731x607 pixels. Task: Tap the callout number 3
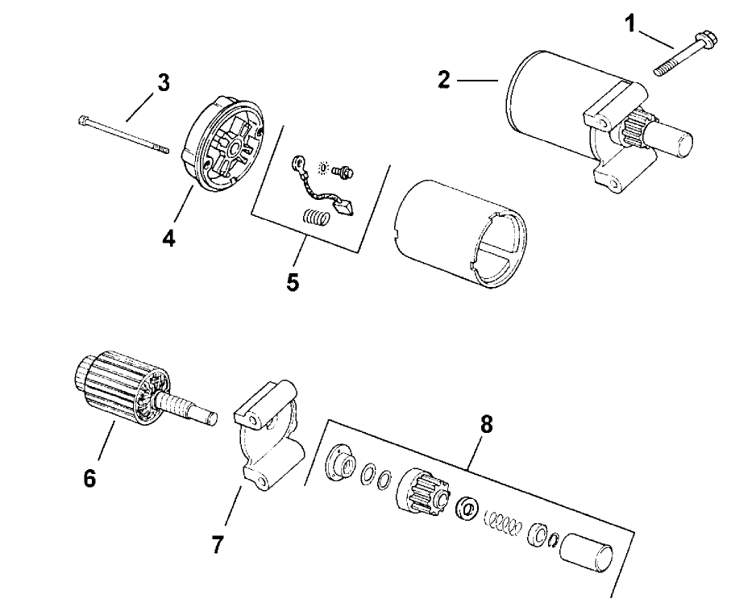click(x=164, y=84)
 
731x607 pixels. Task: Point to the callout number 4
click(x=169, y=239)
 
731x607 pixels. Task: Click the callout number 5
click(x=293, y=282)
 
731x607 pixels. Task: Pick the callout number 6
click(x=89, y=478)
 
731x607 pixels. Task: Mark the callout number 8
click(x=484, y=425)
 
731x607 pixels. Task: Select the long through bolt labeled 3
click(x=125, y=135)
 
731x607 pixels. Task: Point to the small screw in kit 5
click(x=345, y=172)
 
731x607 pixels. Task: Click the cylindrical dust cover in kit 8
click(x=589, y=553)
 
